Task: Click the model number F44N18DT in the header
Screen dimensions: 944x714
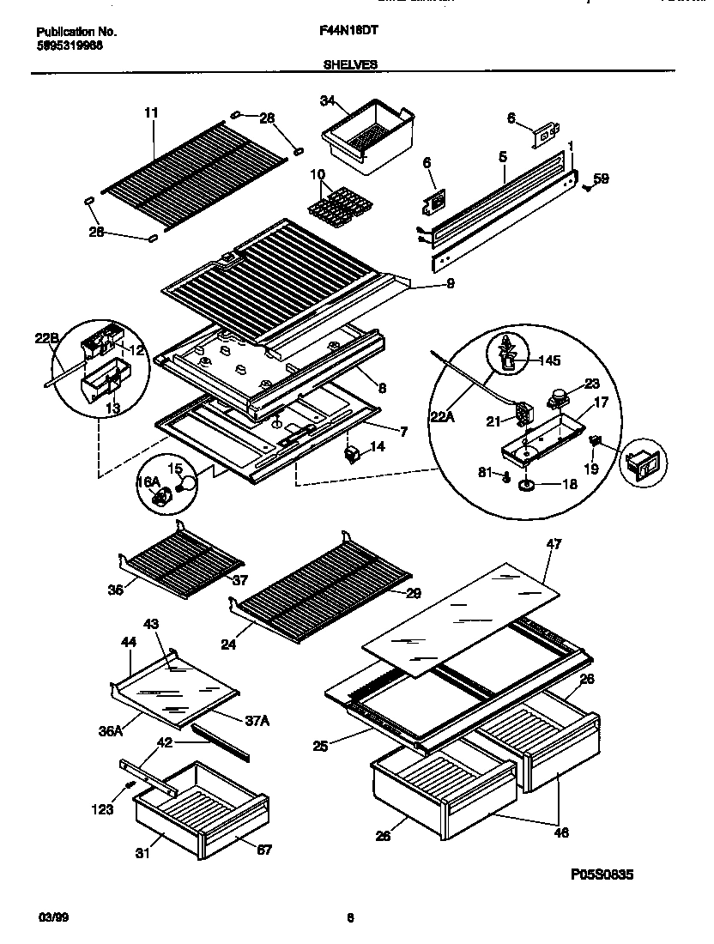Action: tap(349, 31)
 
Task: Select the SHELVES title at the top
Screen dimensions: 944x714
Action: tap(349, 64)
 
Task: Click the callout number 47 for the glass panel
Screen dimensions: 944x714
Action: tap(554, 544)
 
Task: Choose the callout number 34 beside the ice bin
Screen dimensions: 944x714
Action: tap(326, 101)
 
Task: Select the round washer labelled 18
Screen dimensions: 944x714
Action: tap(526, 486)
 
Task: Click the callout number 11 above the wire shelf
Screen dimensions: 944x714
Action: tap(151, 112)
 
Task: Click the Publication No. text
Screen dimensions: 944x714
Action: tap(77, 32)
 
